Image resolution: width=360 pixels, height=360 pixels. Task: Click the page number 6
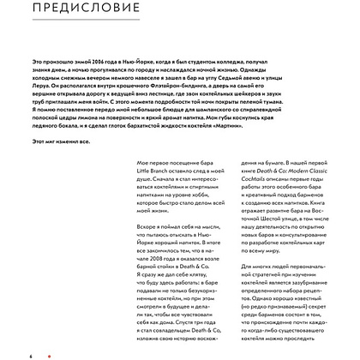(30, 354)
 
